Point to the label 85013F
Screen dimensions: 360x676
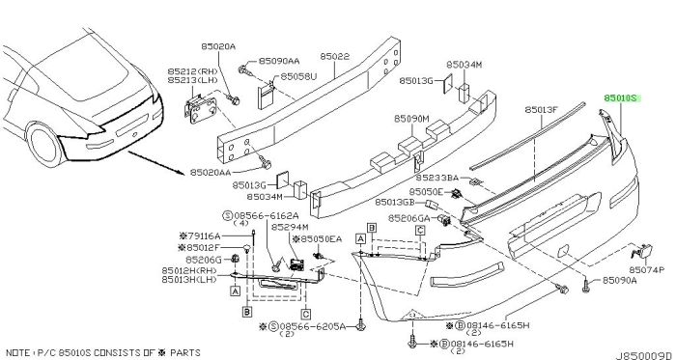pyautogui.click(x=543, y=110)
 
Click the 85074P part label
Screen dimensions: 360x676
pyautogui.click(x=647, y=272)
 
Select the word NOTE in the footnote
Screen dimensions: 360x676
pyautogui.click(x=16, y=352)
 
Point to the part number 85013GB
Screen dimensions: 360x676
pyautogui.click(x=421, y=203)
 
